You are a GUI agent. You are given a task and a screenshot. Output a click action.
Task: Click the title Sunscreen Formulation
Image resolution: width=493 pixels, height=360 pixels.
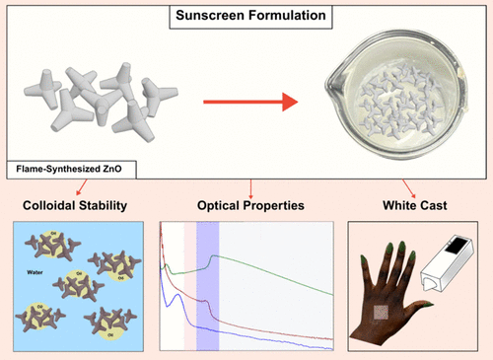coord(246,17)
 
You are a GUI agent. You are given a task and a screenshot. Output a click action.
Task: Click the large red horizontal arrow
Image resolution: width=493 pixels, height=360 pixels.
coord(250,101)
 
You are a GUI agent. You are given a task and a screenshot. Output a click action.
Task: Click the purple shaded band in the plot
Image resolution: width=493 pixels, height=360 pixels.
coord(207,286)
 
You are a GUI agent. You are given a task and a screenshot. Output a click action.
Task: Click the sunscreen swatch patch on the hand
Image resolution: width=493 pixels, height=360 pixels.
coord(382,314)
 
